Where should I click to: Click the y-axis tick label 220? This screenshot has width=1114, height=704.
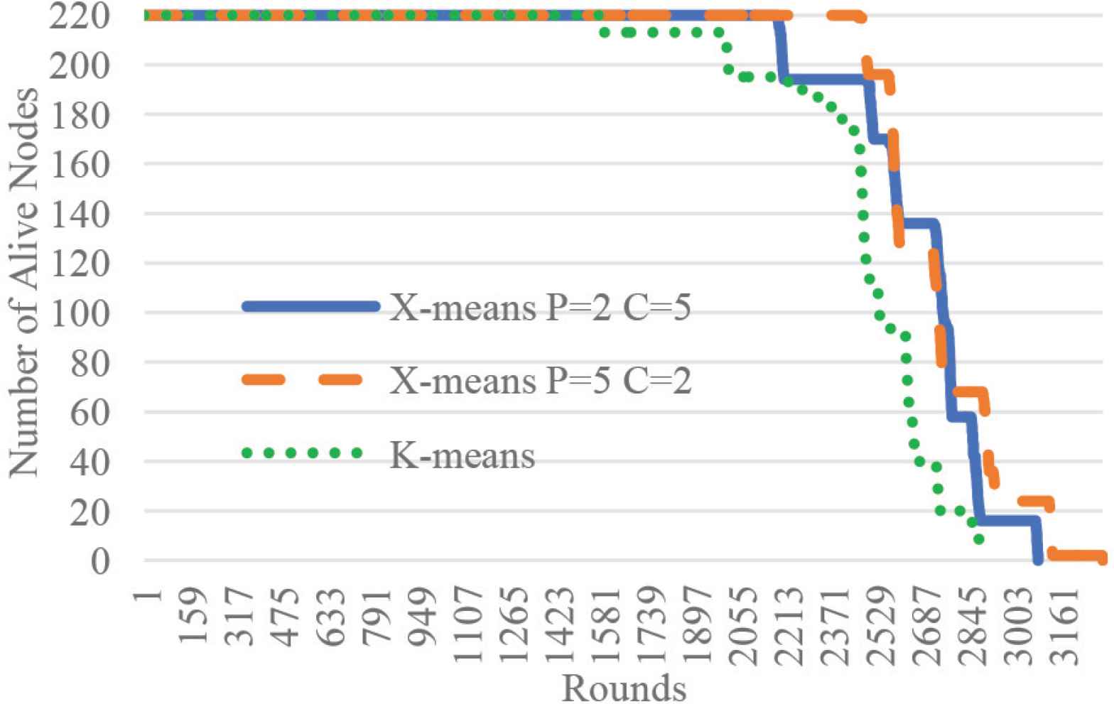point(80,16)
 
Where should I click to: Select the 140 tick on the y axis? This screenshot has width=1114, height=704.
point(80,214)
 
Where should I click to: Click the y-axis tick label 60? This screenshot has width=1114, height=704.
point(89,413)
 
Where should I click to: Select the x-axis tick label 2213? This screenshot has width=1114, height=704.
point(791,622)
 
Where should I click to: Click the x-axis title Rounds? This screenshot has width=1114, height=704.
point(624,688)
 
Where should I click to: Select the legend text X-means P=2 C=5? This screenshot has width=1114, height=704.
point(540,308)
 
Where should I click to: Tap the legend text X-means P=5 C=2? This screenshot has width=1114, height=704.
point(540,381)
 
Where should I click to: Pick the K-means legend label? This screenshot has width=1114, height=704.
point(462,454)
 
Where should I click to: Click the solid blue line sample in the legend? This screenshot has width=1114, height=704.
point(310,307)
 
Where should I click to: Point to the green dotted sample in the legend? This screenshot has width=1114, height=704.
point(303,453)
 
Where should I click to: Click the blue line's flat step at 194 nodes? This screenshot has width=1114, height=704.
point(824,80)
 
